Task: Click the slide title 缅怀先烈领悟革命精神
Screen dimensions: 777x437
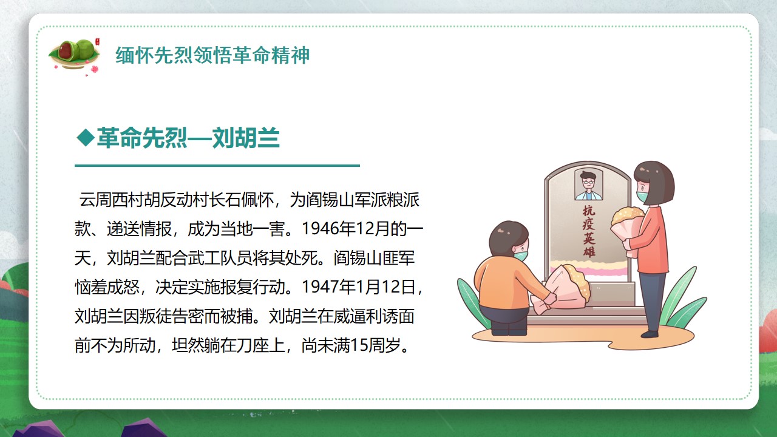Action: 212,55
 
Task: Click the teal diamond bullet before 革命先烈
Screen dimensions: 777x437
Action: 86,138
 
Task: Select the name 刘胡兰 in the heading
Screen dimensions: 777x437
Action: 246,138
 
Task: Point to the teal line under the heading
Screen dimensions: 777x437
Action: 217,166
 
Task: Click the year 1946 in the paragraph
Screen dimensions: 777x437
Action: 320,229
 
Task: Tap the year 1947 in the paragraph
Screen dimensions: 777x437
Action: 320,287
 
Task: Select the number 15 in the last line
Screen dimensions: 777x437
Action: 359,345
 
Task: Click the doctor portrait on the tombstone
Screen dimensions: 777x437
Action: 589,185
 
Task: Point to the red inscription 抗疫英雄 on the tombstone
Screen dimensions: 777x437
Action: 589,231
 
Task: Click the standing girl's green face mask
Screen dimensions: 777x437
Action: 642,196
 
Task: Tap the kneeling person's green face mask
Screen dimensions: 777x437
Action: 520,256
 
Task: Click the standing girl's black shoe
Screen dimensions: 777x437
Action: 650,334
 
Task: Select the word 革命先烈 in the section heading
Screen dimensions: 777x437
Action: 142,138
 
